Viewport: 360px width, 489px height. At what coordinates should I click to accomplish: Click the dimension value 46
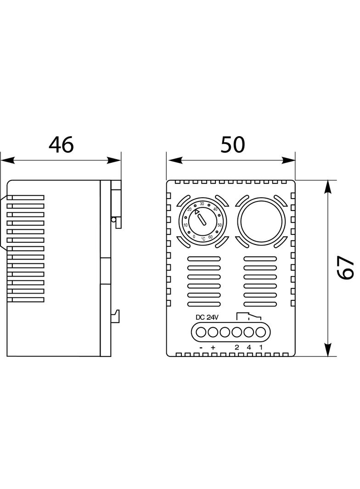click(61, 145)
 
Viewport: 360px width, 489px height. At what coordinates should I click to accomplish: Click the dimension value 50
click(233, 145)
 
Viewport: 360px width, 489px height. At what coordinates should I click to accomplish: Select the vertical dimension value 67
click(346, 267)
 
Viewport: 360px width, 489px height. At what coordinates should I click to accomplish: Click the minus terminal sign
click(201, 348)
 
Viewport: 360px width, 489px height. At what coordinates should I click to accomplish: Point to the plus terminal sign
click(213, 348)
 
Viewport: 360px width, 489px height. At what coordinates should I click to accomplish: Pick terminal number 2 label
click(237, 347)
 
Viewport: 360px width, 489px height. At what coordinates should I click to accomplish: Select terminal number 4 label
click(249, 347)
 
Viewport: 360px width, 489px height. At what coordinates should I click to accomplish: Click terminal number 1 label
click(261, 347)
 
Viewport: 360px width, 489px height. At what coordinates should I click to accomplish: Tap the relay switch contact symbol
click(248, 316)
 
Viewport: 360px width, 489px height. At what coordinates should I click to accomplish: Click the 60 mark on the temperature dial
click(210, 237)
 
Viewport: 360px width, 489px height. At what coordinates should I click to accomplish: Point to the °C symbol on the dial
click(202, 239)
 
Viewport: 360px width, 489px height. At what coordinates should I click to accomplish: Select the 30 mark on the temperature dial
click(202, 204)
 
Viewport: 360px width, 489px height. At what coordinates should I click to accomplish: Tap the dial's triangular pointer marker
click(197, 212)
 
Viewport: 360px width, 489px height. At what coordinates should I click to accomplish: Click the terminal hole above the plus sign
click(213, 331)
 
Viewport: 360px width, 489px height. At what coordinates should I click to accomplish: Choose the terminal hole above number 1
click(261, 331)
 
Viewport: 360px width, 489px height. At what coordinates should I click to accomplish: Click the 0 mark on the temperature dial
click(194, 237)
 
